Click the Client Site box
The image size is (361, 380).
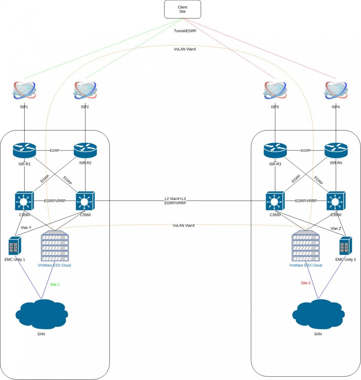coord(183,9)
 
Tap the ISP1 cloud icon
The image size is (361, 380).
coord(24,90)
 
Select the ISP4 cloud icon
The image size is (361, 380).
coord(336,90)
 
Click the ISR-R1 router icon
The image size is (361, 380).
coord(24,151)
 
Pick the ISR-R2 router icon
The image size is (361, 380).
coord(85,151)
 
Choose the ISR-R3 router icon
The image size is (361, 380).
coord(275,151)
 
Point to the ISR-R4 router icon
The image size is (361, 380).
coord(336,151)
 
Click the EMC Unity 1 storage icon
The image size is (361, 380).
coord(15,246)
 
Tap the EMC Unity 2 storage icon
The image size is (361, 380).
coord(346,246)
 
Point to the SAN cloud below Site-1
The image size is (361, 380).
coord(42,314)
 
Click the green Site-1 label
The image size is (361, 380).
coord(55,284)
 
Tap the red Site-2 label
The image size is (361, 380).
coord(306,283)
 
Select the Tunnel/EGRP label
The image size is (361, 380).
coord(185,31)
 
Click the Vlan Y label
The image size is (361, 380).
coord(26,228)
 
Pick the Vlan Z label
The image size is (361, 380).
coord(336,228)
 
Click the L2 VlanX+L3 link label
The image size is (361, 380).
coord(175,199)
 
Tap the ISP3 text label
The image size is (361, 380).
coord(275,107)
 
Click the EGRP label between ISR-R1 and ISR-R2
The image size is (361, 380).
coord(55,151)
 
